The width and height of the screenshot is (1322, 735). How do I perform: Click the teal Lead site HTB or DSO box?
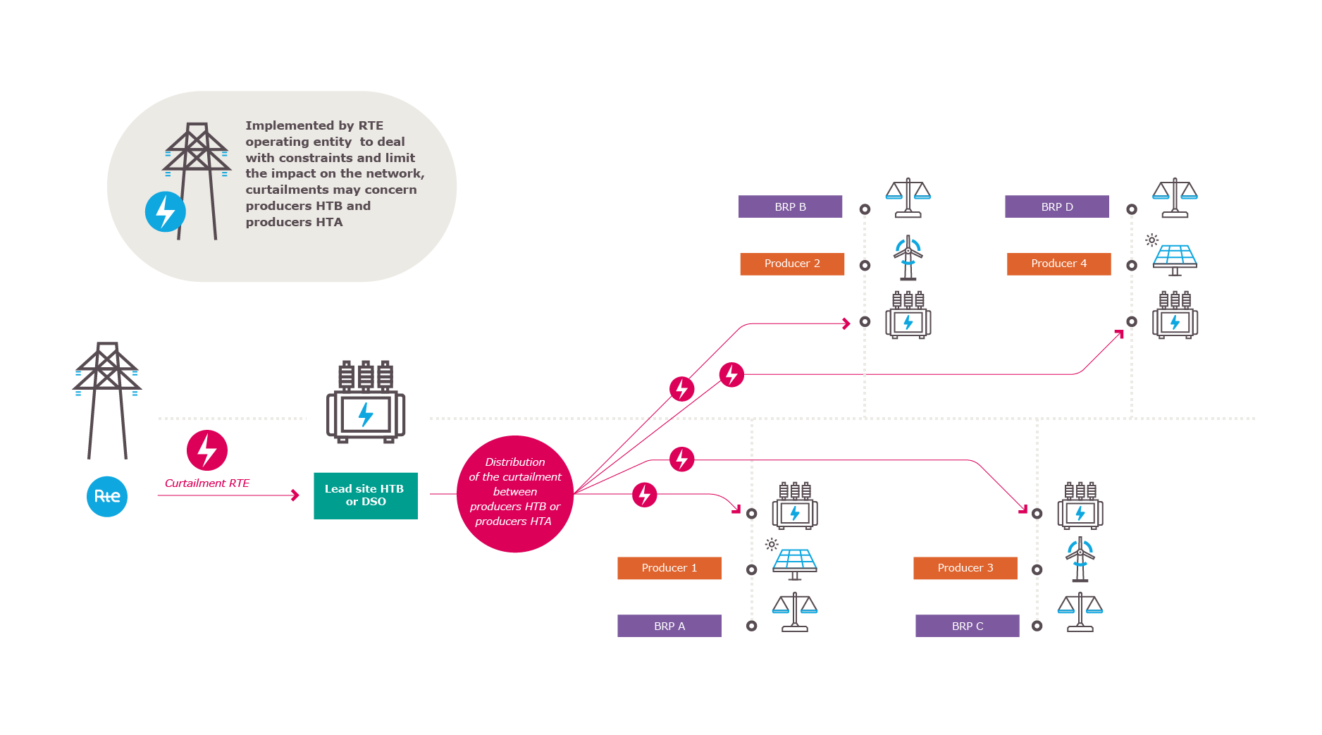(x=365, y=495)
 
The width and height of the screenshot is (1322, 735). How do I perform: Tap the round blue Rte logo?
(x=107, y=496)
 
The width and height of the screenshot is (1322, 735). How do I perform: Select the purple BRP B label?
(x=790, y=206)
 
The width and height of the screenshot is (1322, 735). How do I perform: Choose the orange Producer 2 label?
(x=792, y=264)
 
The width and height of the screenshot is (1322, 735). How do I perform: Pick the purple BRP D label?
(x=1056, y=206)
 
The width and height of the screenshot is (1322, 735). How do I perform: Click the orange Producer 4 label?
(x=1058, y=264)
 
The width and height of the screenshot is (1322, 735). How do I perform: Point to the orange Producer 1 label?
(x=669, y=568)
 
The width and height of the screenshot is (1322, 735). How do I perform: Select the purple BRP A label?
(x=669, y=626)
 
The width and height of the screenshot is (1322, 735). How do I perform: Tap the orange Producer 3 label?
(x=965, y=568)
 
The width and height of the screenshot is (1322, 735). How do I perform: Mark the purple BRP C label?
(x=967, y=626)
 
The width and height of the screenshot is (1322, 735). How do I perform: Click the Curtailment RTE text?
(x=207, y=483)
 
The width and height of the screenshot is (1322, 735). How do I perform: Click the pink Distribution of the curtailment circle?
(x=515, y=493)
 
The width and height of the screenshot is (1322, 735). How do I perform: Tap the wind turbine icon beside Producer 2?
(x=908, y=258)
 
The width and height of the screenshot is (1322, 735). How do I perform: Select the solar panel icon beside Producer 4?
(x=1174, y=258)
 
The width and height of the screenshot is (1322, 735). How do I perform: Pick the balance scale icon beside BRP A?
(x=795, y=612)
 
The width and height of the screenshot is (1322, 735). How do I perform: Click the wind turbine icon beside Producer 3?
(x=1080, y=560)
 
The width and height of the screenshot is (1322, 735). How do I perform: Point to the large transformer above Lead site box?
(x=365, y=402)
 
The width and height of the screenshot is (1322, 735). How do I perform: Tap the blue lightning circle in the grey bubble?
(x=166, y=211)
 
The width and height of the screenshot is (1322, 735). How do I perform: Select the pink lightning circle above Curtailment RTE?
(x=207, y=450)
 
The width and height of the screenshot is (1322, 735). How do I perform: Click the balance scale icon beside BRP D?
(x=1175, y=197)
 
